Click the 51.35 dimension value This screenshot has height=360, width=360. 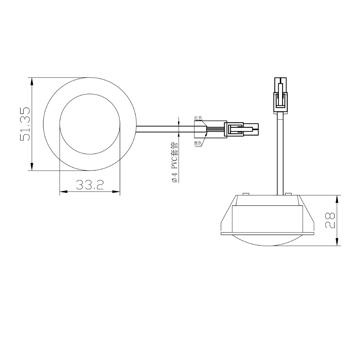[25, 124]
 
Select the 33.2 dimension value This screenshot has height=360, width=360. [90, 185]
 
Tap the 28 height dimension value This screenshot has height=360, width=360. [330, 220]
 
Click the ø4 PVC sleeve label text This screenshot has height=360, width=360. [175, 162]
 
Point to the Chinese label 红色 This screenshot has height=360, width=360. [198, 118]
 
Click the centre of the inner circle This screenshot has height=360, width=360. [90, 124]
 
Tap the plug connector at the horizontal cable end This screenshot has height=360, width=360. [241, 129]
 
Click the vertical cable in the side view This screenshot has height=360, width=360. [280, 154]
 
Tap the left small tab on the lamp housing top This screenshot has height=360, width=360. [246, 194]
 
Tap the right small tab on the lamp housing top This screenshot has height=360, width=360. [288, 194]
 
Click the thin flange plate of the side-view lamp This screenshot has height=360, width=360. [267, 234]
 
